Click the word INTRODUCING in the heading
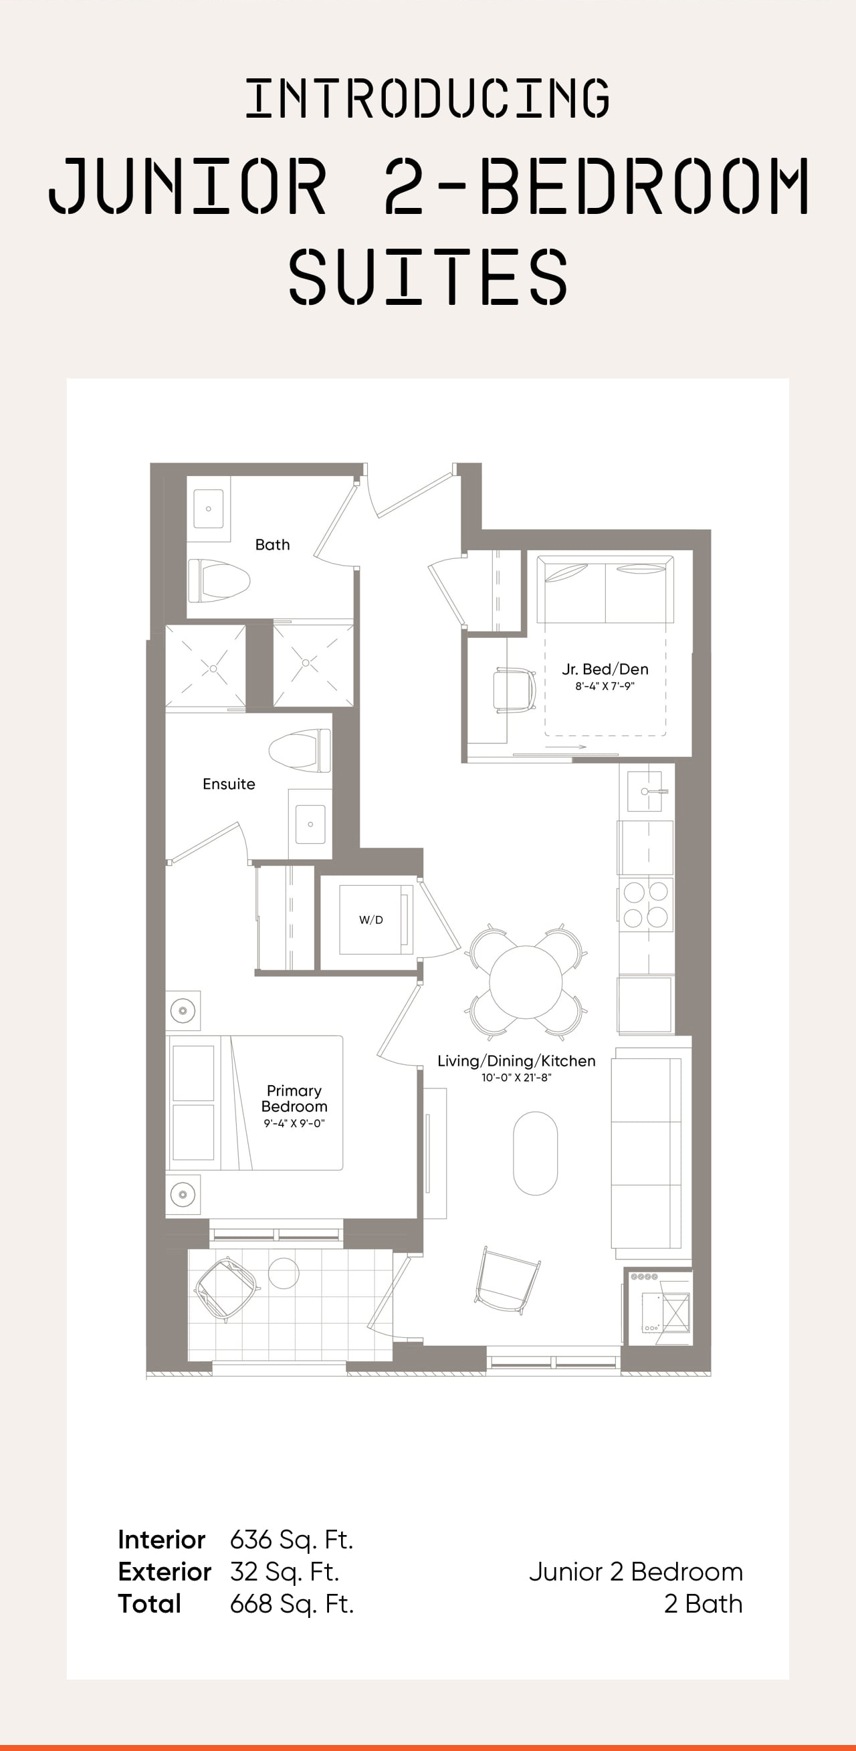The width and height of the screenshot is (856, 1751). pyautogui.click(x=427, y=98)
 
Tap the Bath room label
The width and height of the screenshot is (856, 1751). pyautogui.click(x=273, y=544)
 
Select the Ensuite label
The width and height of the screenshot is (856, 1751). pyautogui.click(x=229, y=784)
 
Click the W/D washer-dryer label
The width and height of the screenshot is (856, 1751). pyautogui.click(x=371, y=920)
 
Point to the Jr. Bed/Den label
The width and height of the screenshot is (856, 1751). pyautogui.click(x=605, y=669)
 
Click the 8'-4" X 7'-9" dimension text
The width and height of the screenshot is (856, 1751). pyautogui.click(x=605, y=686)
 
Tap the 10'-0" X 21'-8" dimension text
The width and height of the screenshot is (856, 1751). pyautogui.click(x=517, y=1077)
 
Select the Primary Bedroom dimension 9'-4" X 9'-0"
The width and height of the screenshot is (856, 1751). pyautogui.click(x=294, y=1123)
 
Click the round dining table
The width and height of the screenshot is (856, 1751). pyautogui.click(x=526, y=982)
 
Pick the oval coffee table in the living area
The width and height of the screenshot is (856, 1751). pyautogui.click(x=535, y=1153)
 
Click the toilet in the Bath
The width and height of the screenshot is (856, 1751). pyautogui.click(x=219, y=580)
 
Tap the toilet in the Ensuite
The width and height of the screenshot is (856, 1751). pyautogui.click(x=300, y=749)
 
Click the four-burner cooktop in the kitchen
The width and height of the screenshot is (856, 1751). pyautogui.click(x=646, y=904)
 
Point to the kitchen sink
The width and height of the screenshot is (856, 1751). pyautogui.click(x=645, y=791)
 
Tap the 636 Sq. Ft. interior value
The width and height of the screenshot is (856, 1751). pyautogui.click(x=292, y=1540)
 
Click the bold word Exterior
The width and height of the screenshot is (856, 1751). pyautogui.click(x=165, y=1572)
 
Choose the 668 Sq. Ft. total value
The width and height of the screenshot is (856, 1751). pyautogui.click(x=292, y=1603)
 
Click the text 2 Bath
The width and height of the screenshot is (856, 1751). pyautogui.click(x=703, y=1603)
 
